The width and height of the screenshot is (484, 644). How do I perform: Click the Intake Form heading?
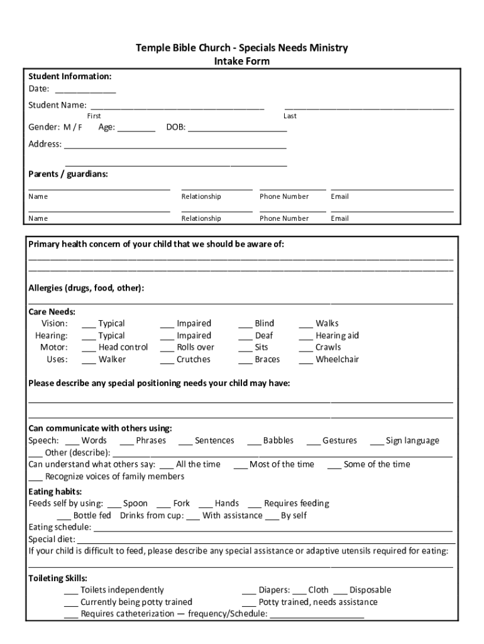click(x=242, y=61)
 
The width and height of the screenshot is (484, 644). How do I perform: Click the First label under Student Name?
click(x=94, y=116)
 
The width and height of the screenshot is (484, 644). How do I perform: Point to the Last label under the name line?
click(x=290, y=116)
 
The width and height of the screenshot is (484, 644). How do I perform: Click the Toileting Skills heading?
click(x=58, y=578)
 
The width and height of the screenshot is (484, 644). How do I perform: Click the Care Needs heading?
click(x=52, y=312)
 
